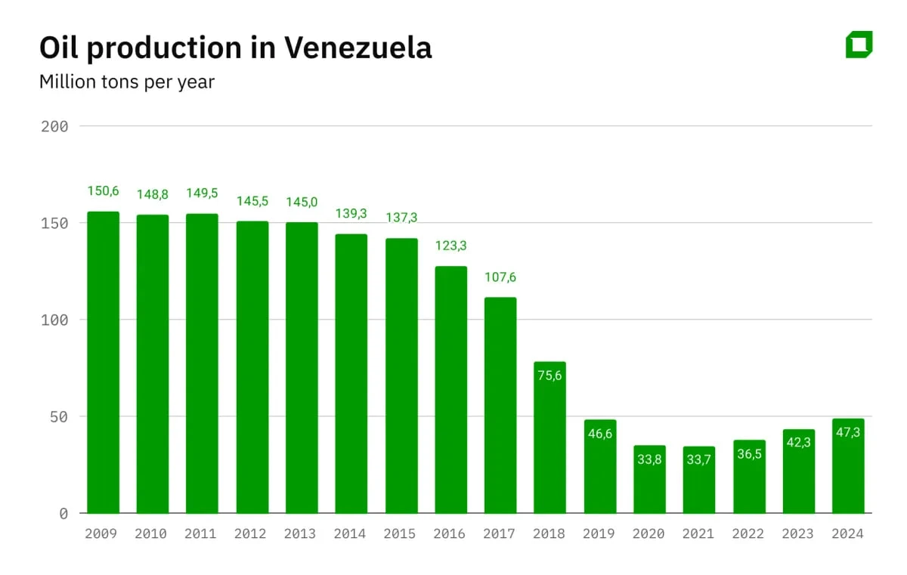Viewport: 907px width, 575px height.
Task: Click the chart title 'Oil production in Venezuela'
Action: tap(235, 48)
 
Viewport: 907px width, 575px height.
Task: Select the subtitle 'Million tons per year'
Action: tap(127, 82)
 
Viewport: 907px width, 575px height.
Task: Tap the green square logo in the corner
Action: tap(859, 45)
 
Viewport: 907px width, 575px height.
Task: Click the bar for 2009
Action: tap(103, 363)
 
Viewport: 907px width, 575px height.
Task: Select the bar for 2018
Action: tap(549, 437)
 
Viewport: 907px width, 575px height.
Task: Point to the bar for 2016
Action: tap(450, 390)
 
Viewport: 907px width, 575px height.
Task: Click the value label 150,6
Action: tap(103, 191)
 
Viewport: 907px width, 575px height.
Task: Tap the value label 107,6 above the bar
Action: tap(500, 277)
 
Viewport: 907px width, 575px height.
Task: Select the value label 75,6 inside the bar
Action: tap(549, 376)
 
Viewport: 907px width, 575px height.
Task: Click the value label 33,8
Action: tap(649, 459)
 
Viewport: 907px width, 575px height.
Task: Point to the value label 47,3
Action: tap(848, 432)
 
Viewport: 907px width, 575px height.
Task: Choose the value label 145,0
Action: tap(302, 202)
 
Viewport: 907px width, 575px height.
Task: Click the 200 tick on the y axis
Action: tap(54, 126)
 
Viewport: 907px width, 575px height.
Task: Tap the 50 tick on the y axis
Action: tap(58, 416)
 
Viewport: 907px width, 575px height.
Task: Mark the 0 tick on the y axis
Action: tap(63, 514)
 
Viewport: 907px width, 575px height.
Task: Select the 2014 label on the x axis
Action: tap(351, 533)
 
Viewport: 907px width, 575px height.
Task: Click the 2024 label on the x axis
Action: tap(847, 533)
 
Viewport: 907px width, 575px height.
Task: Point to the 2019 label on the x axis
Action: tap(599, 533)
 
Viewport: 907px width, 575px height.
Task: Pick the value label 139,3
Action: tap(351, 214)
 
